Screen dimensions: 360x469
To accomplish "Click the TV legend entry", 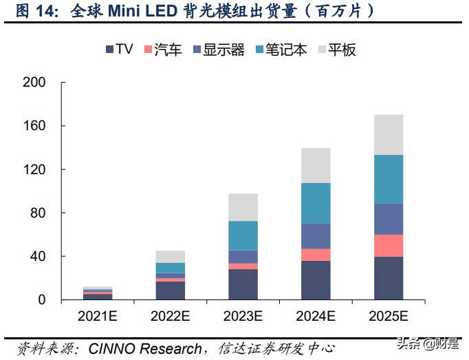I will click(119, 50).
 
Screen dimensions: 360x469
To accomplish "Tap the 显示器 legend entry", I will click(219, 50).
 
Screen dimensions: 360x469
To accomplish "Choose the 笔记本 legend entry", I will click(280, 50).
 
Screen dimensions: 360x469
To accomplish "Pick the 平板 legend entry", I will click(336, 50).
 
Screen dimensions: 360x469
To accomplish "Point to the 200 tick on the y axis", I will click(34, 83).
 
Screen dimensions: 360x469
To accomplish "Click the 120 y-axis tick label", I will click(34, 169).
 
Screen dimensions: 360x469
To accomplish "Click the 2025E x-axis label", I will click(388, 317).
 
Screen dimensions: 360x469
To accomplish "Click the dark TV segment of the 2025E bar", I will click(388, 278).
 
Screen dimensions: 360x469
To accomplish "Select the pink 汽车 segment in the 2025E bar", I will click(388, 246).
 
